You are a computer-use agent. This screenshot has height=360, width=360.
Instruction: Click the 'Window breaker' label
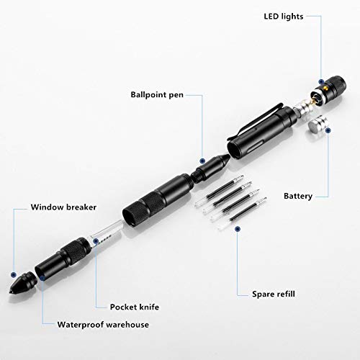tap(62, 209)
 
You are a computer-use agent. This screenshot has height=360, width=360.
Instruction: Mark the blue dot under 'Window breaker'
tap(13, 274)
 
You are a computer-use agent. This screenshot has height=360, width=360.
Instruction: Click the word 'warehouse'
tap(125, 325)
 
